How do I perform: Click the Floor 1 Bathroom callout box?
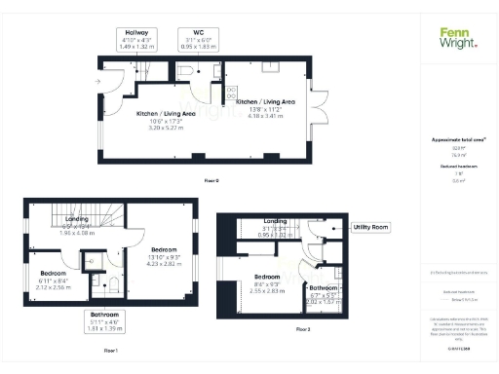pyautogui.click(x=104, y=320)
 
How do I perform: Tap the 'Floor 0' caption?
pyautogui.click(x=211, y=181)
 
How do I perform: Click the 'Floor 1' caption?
pyautogui.click(x=110, y=350)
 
